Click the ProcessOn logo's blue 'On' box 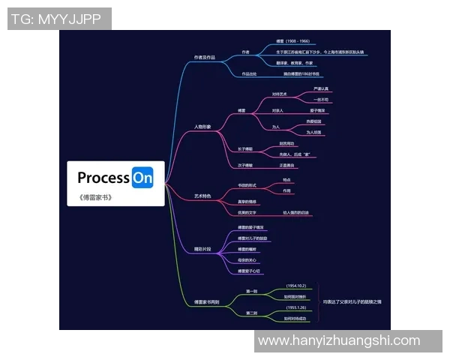pos(142,178)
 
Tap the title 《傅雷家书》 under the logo pos(95,198)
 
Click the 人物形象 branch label pos(202,127)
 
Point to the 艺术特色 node pos(202,196)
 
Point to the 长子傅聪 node pos(245,148)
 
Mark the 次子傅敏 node pos(245,165)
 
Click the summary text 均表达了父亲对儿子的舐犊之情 pos(352,301)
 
